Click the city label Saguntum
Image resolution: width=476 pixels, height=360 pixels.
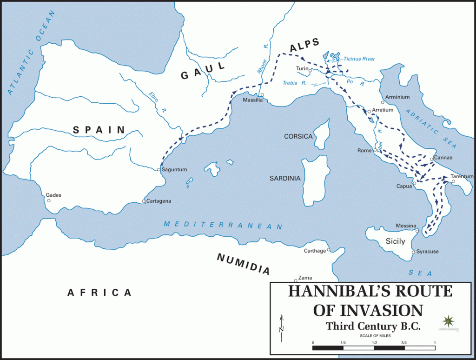pyautogui.click(x=174, y=170)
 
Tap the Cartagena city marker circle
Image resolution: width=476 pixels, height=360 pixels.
pyautogui.click(x=144, y=201)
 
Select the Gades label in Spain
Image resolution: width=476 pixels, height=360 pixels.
pyautogui.click(x=53, y=195)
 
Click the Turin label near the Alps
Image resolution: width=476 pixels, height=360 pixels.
pyautogui.click(x=302, y=69)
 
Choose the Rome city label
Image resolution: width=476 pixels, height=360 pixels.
pyautogui.click(x=364, y=150)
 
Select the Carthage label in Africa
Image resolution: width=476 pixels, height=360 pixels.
pyautogui.click(x=315, y=251)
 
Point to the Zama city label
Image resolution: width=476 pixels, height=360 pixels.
pyautogui.click(x=305, y=277)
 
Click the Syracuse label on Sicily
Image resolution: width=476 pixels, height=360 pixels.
pyautogui.click(x=427, y=252)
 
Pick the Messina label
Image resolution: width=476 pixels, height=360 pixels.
pyautogui.click(x=405, y=226)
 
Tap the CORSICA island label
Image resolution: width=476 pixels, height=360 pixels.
pyautogui.click(x=298, y=137)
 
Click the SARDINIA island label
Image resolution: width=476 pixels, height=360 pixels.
pyautogui.click(x=285, y=178)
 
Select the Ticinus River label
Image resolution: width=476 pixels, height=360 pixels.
pyautogui.click(x=359, y=59)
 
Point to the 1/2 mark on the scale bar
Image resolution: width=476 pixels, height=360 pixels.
pyautogui.click(x=374, y=342)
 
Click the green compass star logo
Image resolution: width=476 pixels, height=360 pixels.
pyautogui.click(x=449, y=321)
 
